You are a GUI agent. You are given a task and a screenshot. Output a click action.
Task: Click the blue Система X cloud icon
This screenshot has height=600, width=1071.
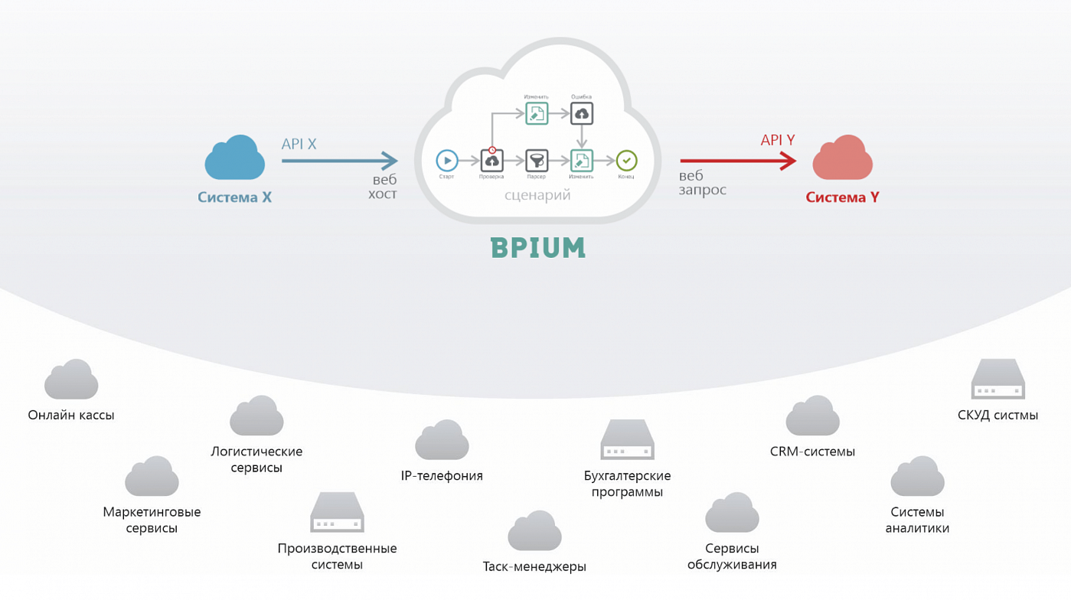235,158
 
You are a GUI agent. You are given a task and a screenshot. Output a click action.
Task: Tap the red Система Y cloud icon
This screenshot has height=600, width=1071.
842,158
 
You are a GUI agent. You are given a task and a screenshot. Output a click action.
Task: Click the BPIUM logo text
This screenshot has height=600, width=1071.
537,248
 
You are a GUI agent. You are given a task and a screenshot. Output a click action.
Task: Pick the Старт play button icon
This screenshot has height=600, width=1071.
447,161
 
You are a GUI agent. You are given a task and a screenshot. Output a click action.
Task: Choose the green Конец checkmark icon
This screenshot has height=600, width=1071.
626,161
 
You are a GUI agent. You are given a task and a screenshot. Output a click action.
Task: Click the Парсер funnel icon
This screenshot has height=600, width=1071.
537,161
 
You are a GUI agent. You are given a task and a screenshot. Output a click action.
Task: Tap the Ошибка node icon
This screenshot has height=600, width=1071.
582,114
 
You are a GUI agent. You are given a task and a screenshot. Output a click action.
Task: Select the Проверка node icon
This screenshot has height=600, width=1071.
491,161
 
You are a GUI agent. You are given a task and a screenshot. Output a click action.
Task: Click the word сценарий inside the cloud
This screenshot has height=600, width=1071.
537,195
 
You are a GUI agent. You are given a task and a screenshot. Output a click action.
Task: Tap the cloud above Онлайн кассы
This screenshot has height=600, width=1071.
71,380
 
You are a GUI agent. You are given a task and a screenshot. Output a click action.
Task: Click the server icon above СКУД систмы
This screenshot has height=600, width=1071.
998,380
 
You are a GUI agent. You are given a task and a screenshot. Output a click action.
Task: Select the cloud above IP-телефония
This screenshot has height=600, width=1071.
442,441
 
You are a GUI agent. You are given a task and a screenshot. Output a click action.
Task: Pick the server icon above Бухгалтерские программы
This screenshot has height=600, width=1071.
627,440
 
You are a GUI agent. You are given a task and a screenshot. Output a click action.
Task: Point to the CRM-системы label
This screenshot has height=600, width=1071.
812,452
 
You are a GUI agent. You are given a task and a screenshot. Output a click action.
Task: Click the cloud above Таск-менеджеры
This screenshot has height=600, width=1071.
534,531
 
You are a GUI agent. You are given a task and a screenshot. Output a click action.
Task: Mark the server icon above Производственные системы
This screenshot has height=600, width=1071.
337,513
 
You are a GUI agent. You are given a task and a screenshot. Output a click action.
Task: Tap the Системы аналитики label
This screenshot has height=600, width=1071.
917,520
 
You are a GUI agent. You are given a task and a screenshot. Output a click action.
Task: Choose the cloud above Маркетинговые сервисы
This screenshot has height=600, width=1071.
152,477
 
